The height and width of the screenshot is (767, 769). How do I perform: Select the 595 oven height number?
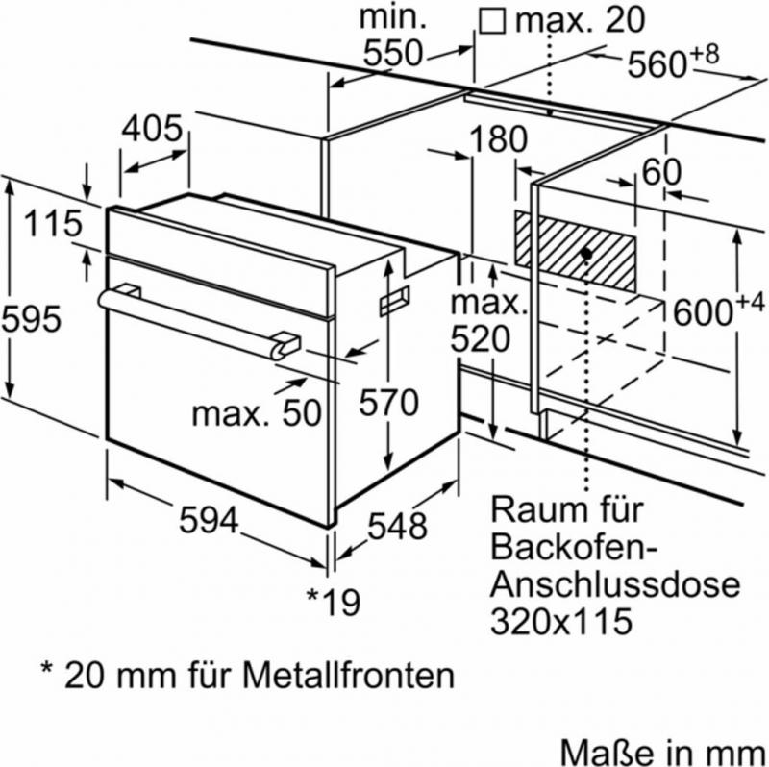[x=32, y=318]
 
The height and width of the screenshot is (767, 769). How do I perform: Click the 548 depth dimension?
[x=395, y=526]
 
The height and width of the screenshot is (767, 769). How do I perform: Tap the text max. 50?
[x=255, y=413]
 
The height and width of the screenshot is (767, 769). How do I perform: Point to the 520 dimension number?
[x=479, y=338]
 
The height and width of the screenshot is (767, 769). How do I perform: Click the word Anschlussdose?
[x=615, y=584]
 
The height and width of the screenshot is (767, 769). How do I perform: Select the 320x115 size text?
[x=561, y=621]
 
